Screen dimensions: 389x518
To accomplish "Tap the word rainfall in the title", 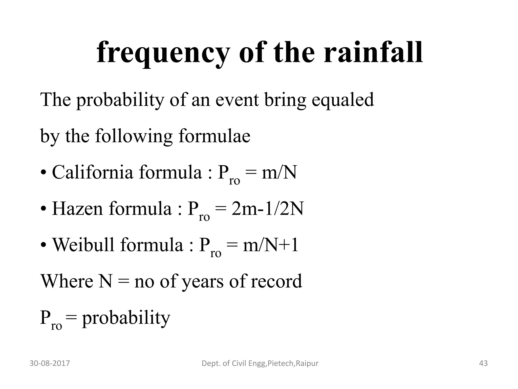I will pyautogui.click(x=373, y=52).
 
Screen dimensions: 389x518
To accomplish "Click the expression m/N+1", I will pyautogui.click(x=270, y=245).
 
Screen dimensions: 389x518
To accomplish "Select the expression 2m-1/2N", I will pyautogui.click(x=267, y=209).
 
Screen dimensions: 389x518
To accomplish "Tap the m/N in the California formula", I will pyautogui.click(x=279, y=172).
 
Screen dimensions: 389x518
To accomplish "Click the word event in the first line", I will pyautogui.click(x=237, y=100).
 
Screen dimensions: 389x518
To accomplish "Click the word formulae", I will pyautogui.click(x=214, y=136).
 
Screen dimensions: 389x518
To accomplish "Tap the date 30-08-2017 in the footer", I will pyautogui.click(x=50, y=363).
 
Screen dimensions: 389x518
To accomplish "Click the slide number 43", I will pyautogui.click(x=483, y=363).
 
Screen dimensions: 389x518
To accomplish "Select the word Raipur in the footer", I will pyautogui.click(x=307, y=364).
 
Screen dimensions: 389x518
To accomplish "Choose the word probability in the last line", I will pyautogui.click(x=126, y=318).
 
